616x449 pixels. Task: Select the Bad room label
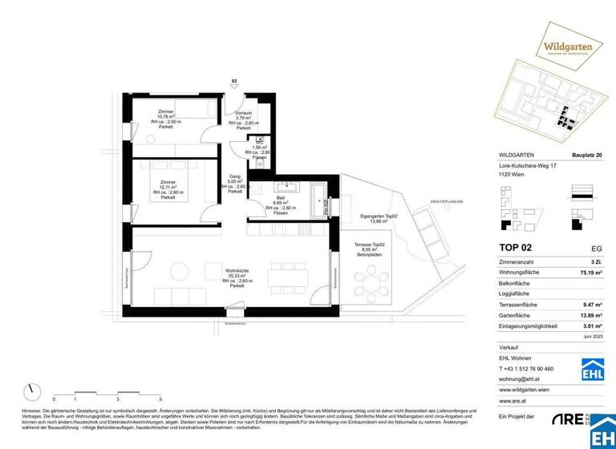281,203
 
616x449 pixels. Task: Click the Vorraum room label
243,120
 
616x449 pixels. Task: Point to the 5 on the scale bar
160,398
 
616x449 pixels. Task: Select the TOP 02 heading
516,248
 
